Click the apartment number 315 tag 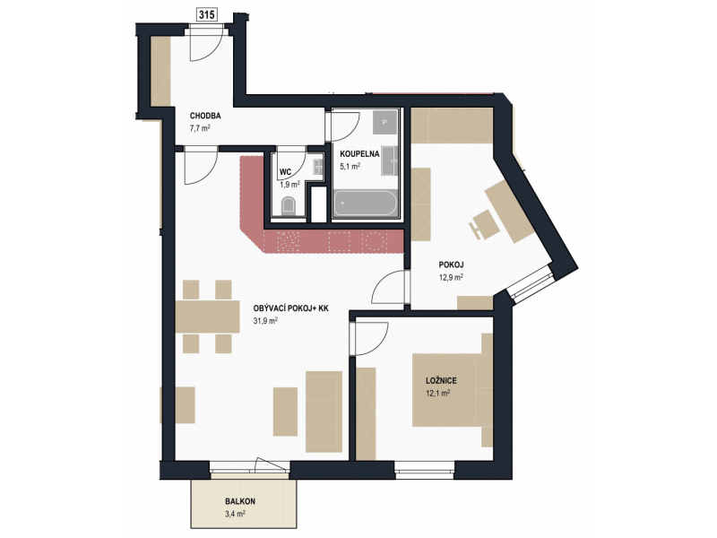pos(207,15)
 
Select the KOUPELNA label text pos(359,153)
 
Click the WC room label pos(285,172)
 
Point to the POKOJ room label pos(452,265)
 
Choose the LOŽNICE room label pos(441,380)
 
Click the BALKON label pos(240,501)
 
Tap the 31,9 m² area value pos(265,321)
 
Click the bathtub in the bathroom pos(366,204)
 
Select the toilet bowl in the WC pos(288,206)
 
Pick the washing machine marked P pos(384,122)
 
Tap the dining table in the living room pos(207,317)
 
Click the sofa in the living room pos(324,411)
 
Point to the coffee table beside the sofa pos(286,412)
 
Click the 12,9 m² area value pos(452,277)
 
